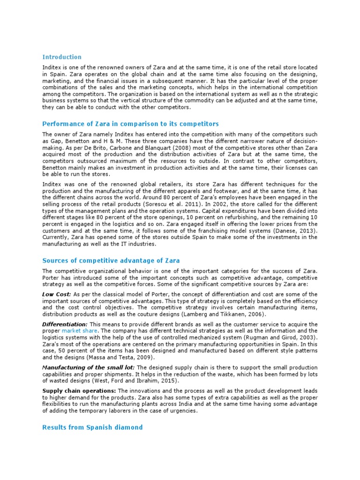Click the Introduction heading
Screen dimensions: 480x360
coord(61,57)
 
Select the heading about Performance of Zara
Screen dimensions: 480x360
coord(131,124)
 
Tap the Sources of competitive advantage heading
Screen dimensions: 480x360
coord(111,260)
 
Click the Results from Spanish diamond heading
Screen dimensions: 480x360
coord(92,427)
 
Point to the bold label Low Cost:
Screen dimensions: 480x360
coord(57,294)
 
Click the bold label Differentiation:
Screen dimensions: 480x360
coord(65,324)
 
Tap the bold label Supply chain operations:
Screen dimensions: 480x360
coord(79,391)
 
